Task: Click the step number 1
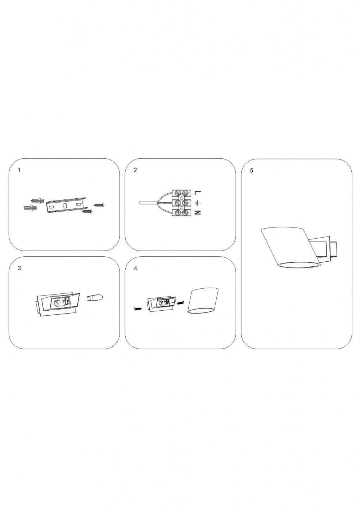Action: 19,170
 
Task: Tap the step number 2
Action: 135,170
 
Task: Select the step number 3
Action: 19,268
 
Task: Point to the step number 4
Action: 135,268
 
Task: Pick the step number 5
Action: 251,171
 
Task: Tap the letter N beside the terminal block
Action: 198,213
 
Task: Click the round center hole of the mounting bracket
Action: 65,206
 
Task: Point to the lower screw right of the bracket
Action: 87,212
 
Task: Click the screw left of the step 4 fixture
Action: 138,308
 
